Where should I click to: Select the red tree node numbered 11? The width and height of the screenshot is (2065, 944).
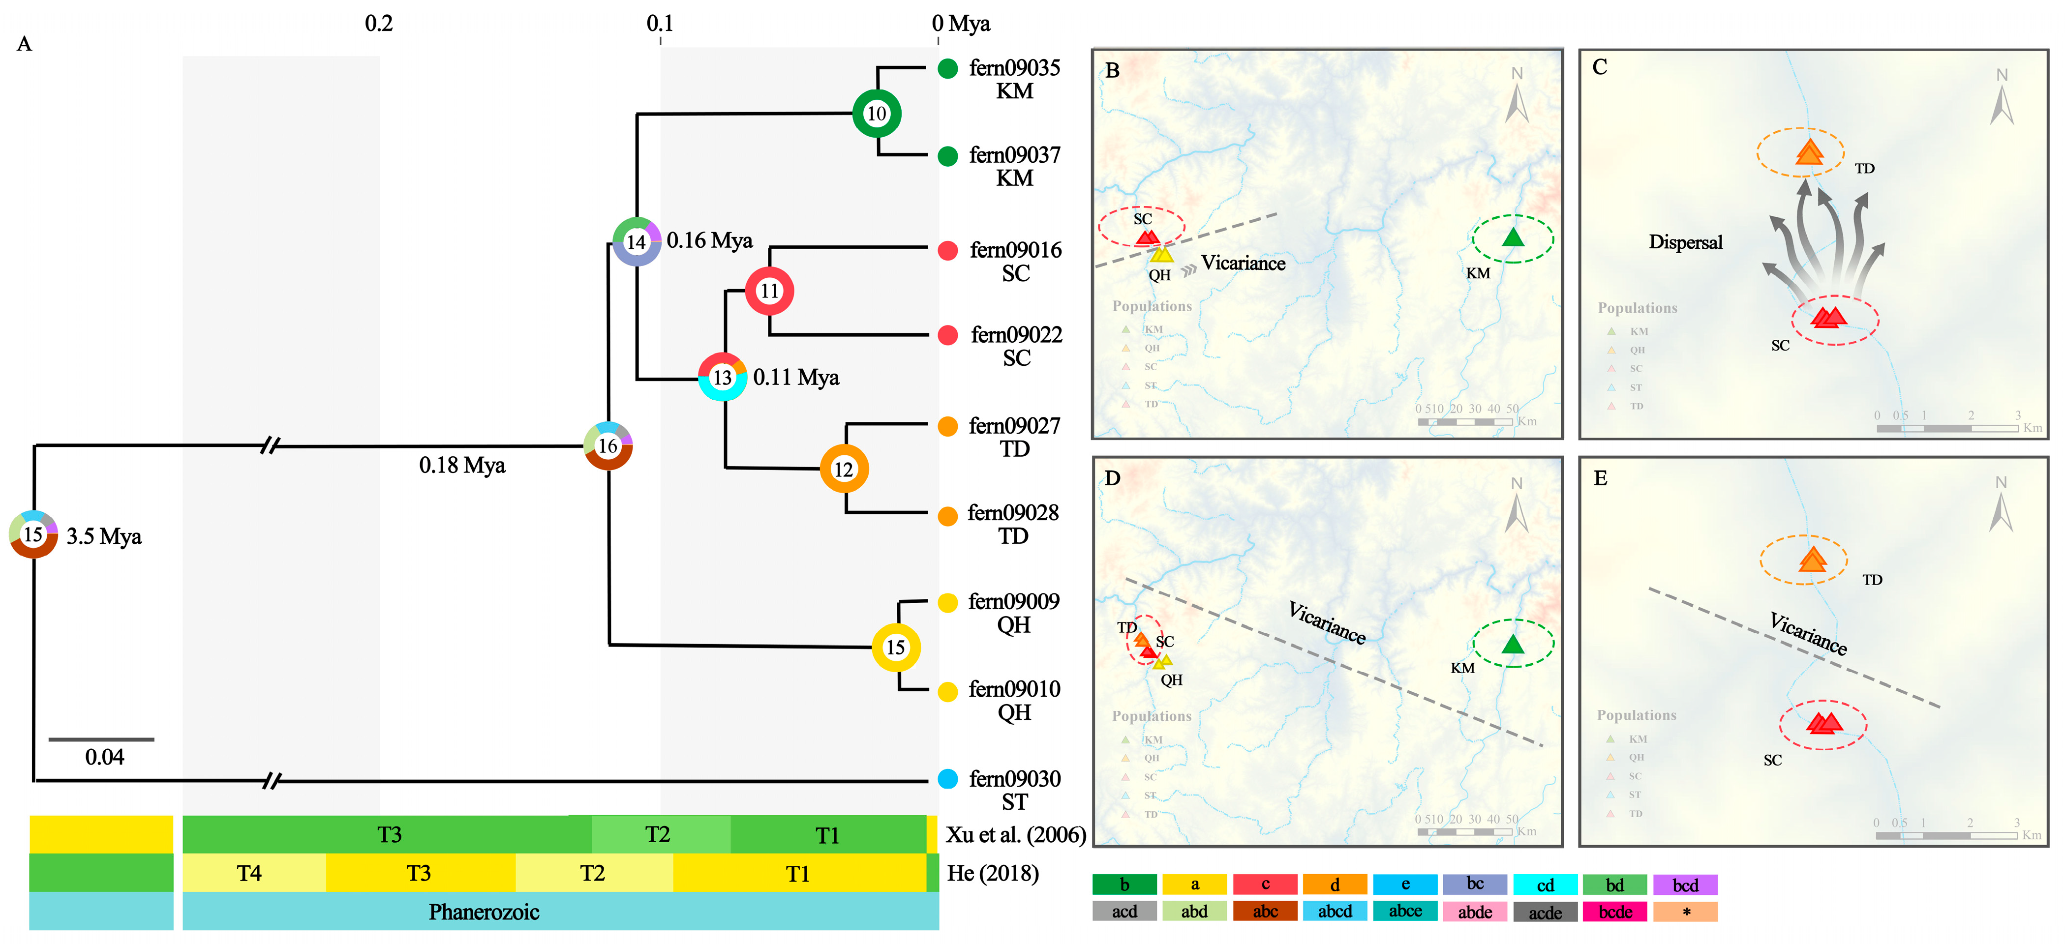769,291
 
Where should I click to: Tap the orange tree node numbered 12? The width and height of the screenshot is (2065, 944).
843,469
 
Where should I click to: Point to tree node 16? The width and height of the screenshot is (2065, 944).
608,445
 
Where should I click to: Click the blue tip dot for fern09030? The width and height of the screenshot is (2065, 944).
947,779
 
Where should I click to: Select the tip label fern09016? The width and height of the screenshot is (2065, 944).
1016,250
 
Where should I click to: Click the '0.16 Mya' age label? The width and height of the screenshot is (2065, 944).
709,240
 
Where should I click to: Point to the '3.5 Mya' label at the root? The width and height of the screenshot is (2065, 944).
104,536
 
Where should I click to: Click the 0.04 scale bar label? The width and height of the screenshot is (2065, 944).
104,757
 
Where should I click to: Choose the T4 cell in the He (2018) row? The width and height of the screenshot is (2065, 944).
249,873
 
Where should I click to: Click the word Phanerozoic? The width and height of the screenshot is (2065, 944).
484,912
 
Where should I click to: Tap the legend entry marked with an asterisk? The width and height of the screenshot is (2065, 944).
1685,912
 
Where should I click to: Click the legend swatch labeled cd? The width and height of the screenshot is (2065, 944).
1545,885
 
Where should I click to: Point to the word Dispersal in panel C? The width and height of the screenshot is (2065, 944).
1685,242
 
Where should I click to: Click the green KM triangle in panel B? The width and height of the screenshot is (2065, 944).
1513,237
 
